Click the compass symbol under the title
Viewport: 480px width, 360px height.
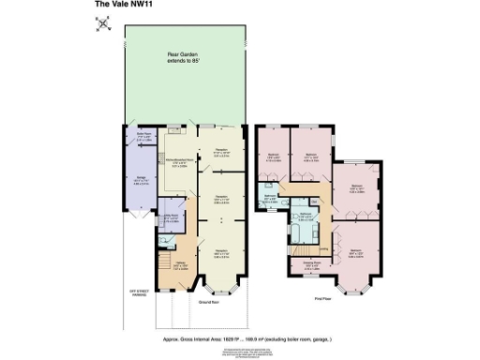[x=102, y=24]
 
